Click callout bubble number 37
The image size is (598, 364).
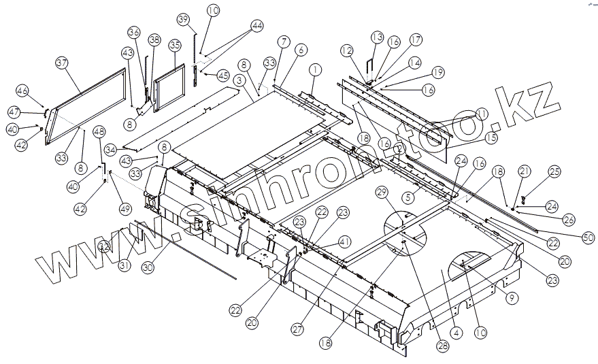click(x=63, y=64)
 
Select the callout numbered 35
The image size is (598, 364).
click(x=175, y=46)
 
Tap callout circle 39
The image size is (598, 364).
click(x=182, y=18)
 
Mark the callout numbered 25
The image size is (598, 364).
click(x=554, y=172)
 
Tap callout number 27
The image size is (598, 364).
click(x=297, y=329)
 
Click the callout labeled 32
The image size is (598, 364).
click(x=103, y=246)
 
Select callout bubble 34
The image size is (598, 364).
click(x=111, y=149)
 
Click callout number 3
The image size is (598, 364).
click(x=239, y=80)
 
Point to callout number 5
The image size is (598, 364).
click(x=409, y=198)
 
